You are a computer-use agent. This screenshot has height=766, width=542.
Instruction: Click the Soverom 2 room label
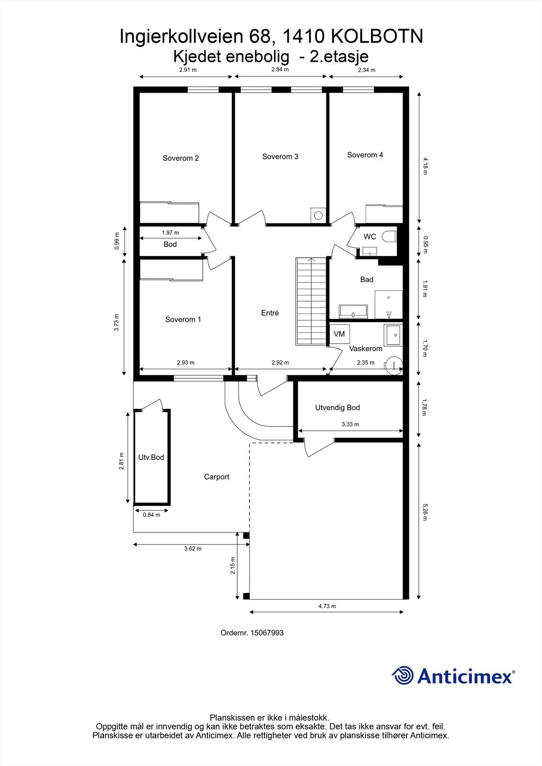click(181, 158)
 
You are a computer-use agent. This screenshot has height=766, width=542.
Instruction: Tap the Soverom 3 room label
click(280, 157)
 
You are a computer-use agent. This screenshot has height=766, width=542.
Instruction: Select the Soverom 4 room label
click(365, 155)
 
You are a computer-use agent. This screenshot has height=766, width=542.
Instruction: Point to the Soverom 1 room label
click(183, 319)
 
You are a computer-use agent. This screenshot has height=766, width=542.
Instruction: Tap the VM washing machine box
click(339, 334)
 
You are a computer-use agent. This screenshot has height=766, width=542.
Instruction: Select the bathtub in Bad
click(353, 312)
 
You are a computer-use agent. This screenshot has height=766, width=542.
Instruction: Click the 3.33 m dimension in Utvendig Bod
click(350, 424)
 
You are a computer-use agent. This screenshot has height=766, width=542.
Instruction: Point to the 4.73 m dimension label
click(327, 606)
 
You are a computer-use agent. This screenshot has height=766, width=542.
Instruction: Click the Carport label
click(216, 477)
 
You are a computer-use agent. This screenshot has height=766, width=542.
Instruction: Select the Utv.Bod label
click(151, 457)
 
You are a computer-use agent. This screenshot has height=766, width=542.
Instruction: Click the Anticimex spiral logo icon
click(403, 676)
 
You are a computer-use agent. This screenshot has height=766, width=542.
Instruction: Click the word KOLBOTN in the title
click(377, 36)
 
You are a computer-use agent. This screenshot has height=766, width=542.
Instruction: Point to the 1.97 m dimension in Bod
click(170, 233)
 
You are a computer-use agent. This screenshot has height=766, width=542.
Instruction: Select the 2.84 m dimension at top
click(280, 69)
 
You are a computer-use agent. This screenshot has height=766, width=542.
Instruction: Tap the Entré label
click(270, 313)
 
